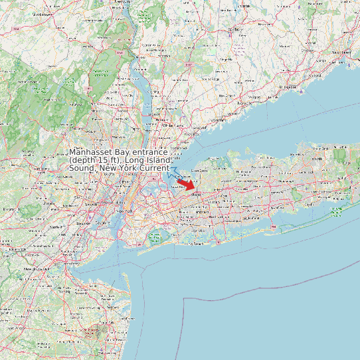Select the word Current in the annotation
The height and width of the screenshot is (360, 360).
pos(154,168)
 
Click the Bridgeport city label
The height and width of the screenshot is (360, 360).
pos(290,86)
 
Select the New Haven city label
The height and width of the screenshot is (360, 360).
pos(340,52)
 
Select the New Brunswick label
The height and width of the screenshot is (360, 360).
pos(31,269)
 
